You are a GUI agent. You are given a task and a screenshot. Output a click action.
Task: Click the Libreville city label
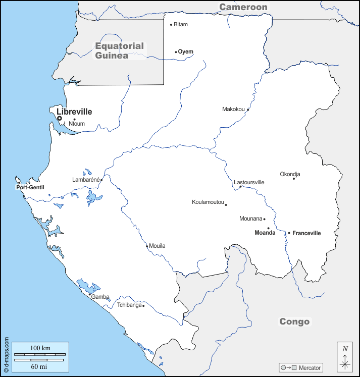click(74, 112)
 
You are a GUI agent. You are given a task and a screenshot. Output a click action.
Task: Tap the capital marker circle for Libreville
click(59, 119)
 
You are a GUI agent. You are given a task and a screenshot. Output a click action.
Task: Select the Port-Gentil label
click(30, 187)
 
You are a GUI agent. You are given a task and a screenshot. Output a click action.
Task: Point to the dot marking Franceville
click(289, 233)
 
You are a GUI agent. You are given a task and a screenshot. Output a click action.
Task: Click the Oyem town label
click(186, 51)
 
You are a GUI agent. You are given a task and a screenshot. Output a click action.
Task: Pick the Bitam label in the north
click(181, 24)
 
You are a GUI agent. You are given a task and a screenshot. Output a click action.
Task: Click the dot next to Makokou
click(248, 110)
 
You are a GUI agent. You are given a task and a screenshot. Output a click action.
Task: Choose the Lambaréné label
click(86, 179)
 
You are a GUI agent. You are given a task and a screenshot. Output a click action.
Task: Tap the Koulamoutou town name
click(208, 202)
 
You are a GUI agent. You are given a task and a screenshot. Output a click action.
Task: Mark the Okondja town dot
click(294, 178)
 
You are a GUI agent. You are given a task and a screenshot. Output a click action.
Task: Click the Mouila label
click(158, 246)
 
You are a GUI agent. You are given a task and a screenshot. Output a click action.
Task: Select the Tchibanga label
click(129, 305)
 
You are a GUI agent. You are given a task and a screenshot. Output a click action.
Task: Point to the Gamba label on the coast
click(100, 297)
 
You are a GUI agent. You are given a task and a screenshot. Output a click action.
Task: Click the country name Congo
click(294, 321)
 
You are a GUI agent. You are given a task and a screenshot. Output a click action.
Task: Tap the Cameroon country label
click(243, 7)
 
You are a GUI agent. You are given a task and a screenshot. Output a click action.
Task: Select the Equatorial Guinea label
click(120, 50)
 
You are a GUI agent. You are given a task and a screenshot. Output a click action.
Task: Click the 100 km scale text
click(40, 348)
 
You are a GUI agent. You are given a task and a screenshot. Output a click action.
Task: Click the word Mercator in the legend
click(310, 367)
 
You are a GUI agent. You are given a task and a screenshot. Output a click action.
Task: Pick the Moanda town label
click(265, 233)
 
